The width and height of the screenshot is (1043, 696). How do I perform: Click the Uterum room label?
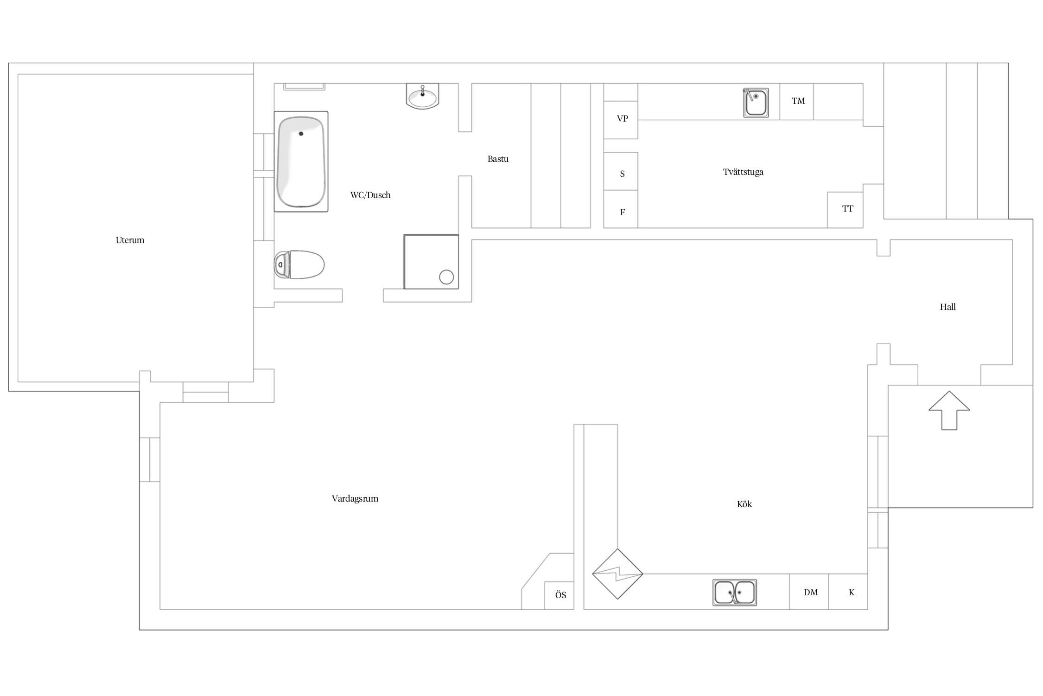click(x=130, y=240)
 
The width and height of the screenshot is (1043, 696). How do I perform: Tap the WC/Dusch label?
click(x=370, y=195)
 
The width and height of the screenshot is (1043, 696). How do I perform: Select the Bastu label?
click(x=498, y=159)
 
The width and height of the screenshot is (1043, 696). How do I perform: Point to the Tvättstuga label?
click(x=743, y=172)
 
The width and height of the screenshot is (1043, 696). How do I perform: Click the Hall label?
click(x=948, y=307)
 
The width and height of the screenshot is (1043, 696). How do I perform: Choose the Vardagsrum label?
click(x=355, y=499)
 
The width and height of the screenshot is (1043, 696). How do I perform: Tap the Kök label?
click(x=744, y=504)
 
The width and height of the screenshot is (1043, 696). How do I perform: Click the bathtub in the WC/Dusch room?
click(x=301, y=161)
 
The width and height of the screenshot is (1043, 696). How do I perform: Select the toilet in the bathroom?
click(x=299, y=264)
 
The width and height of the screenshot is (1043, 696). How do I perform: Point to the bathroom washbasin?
click(x=422, y=96)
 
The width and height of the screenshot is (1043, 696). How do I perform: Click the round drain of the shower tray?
click(x=446, y=277)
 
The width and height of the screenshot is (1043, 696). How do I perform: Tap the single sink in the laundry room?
click(x=756, y=103)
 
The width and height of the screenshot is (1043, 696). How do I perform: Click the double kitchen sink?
click(x=734, y=593)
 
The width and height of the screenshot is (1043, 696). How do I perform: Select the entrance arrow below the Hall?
click(x=949, y=410)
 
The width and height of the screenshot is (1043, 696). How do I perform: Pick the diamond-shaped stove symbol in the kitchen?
click(x=617, y=574)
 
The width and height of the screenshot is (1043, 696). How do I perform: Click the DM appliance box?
click(x=809, y=592)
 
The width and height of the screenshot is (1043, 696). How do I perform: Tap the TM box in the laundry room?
click(x=796, y=101)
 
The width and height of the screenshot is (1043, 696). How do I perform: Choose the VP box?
click(x=621, y=120)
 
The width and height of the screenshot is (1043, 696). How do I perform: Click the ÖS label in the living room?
click(x=560, y=594)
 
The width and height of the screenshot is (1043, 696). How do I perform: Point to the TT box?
click(x=845, y=210)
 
